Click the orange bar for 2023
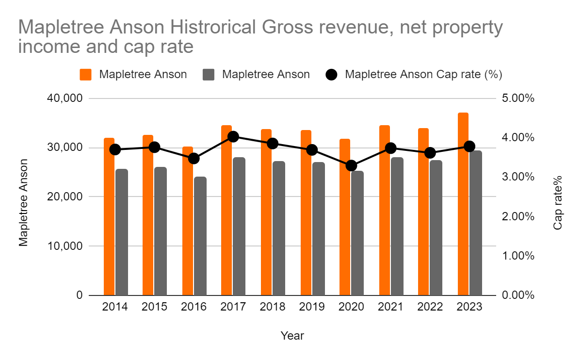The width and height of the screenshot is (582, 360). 463,204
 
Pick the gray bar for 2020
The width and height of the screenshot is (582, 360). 357,233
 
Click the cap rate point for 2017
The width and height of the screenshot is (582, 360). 233,137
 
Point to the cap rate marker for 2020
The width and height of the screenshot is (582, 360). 352,165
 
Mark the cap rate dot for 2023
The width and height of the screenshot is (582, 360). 469,146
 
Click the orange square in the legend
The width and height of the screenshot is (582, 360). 86,75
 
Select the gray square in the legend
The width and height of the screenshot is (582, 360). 209,75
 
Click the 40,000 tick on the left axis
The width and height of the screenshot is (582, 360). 64,98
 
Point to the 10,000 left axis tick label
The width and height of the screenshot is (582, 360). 64,246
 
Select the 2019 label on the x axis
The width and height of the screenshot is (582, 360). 312,307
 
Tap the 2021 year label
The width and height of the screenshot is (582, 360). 391,307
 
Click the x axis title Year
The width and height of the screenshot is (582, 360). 292,336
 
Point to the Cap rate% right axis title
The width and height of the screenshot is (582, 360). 558,203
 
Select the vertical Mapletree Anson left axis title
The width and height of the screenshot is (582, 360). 24,203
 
